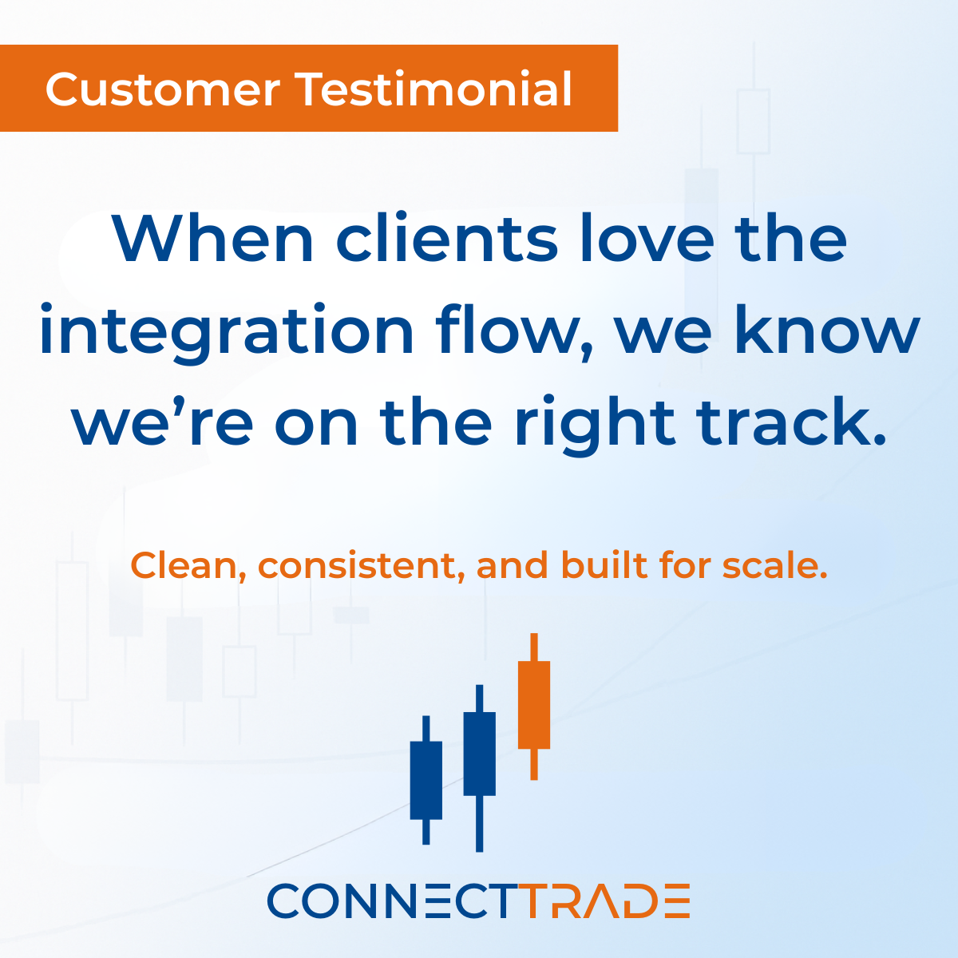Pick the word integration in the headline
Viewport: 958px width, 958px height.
point(226,331)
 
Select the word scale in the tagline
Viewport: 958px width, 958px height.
point(774,565)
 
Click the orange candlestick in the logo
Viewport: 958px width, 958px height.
point(534,705)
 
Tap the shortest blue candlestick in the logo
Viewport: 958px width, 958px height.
point(426,780)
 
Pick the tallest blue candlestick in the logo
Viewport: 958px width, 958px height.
point(479,754)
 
